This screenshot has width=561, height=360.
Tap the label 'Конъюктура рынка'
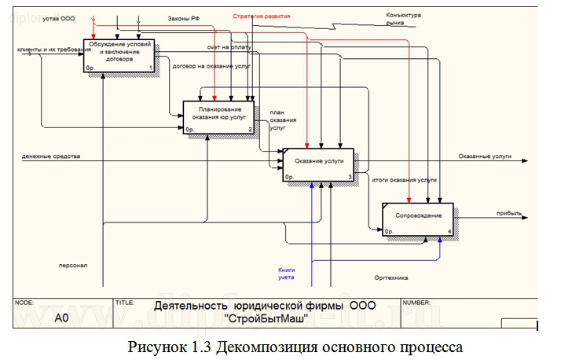coord(405,19)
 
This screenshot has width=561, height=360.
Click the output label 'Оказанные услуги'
coord(484,156)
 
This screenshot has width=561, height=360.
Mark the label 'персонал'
coord(72,265)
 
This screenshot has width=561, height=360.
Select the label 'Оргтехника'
coord(390,276)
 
